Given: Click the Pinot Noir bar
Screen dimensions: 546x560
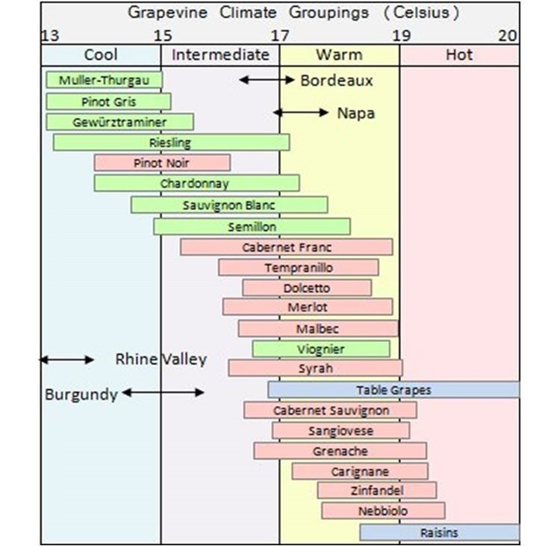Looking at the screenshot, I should coord(162,163).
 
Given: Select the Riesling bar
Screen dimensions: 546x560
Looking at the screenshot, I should coord(171,143).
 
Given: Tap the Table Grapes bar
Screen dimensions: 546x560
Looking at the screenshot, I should coord(393,390).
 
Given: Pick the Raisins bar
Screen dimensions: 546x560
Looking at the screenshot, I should coord(439,533).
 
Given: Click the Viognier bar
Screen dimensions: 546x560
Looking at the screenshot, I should coord(321,349).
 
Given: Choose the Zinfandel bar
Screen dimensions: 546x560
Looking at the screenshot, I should coord(377,491).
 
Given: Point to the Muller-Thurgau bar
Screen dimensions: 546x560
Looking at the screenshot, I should coord(104,81).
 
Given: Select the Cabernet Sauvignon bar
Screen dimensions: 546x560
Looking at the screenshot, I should coord(331,410).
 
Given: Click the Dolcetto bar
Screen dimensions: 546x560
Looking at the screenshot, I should coord(307,288).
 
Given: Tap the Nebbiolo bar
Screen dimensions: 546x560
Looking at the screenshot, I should coord(384,511).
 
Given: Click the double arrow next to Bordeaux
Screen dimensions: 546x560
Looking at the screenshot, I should coord(267,80).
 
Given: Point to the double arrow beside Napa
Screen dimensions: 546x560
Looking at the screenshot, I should coord(301,113).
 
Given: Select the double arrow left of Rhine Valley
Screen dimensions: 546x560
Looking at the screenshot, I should coord(67,359).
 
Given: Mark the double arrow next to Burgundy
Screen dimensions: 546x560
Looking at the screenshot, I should coord(163,392).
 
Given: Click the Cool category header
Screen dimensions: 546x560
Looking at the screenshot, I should coord(101,55).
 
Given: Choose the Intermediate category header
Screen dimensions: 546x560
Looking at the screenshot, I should coord(220,55).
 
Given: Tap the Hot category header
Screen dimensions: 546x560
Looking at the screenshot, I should coord(458,55).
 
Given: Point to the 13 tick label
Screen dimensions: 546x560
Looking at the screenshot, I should coord(50,35).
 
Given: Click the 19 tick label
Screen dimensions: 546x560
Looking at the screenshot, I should coord(401,35).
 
